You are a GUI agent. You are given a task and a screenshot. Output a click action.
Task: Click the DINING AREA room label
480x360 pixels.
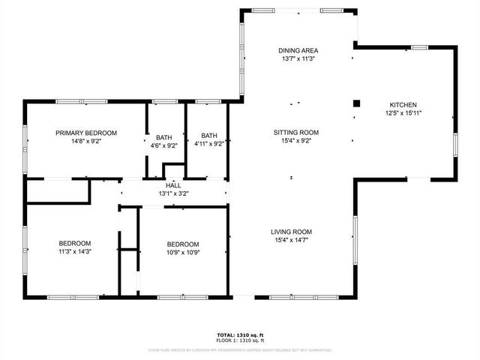(298, 50)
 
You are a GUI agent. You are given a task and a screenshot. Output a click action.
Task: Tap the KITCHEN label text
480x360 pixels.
(403, 105)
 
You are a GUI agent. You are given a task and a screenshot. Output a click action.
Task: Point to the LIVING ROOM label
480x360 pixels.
(291, 232)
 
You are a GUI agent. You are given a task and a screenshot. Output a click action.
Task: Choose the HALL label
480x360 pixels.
(173, 185)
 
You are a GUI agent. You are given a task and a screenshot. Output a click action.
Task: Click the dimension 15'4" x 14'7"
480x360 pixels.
(291, 240)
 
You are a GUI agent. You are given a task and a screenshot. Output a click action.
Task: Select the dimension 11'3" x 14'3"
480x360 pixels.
(75, 252)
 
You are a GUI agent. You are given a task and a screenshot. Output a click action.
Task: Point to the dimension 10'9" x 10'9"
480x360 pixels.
(182, 253)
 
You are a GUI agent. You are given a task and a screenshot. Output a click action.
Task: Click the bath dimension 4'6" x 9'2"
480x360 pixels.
(163, 145)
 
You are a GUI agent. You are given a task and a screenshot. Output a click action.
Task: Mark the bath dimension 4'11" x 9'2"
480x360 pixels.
(208, 145)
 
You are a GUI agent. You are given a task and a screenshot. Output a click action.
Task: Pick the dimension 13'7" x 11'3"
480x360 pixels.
(298, 58)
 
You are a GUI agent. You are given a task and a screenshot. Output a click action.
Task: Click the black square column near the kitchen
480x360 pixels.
(357, 103)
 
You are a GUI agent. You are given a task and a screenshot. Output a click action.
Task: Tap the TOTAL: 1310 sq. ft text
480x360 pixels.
(240, 334)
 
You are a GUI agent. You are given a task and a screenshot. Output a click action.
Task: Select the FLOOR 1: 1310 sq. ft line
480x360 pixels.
(240, 340)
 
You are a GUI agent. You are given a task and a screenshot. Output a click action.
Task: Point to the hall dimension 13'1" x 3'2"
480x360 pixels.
(173, 193)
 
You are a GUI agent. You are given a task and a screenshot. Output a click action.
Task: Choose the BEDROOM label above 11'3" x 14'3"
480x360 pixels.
(75, 243)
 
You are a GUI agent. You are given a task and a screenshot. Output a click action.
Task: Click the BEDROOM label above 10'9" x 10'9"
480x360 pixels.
(182, 244)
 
